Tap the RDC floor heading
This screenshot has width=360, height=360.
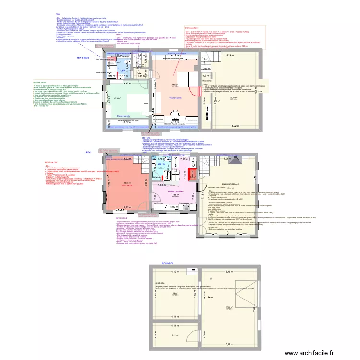click(88, 152)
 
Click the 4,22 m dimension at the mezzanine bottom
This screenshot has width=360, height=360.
click(235, 126)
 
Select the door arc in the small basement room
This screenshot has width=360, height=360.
click(191, 332)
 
